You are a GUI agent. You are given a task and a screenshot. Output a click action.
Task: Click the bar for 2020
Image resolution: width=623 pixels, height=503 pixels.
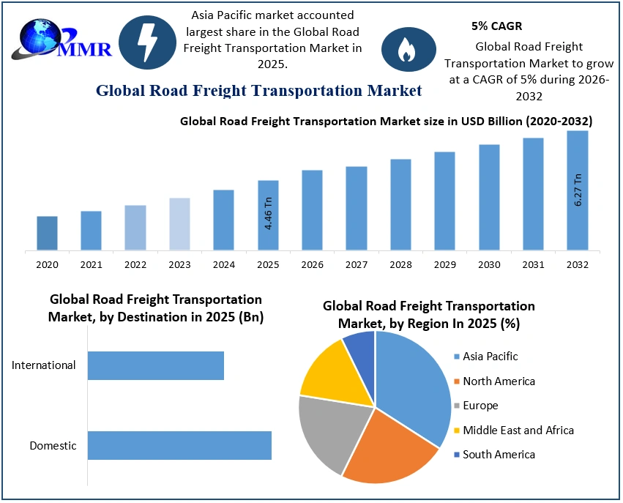pyautogui.click(x=47, y=233)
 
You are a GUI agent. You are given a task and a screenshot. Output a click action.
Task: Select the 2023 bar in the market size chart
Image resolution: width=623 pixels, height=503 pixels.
pyautogui.click(x=179, y=224)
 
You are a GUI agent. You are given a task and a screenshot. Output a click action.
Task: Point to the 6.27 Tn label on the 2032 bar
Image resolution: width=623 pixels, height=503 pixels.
pyautogui.click(x=578, y=190)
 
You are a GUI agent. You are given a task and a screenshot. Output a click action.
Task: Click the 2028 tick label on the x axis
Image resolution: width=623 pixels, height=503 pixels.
pyautogui.click(x=400, y=264)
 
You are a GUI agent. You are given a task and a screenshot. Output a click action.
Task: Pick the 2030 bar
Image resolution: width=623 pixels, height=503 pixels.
pyautogui.click(x=489, y=197)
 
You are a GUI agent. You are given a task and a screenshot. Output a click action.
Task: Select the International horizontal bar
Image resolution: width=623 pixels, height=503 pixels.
pyautogui.click(x=155, y=365)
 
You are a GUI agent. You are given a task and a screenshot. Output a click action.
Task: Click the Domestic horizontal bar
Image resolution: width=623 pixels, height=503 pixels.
pyautogui.click(x=179, y=445)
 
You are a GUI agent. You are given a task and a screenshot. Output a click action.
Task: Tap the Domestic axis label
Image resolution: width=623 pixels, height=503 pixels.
pyautogui.click(x=53, y=445)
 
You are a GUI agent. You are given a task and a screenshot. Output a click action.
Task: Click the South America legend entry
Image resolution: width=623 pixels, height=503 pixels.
pyautogui.click(x=493, y=455)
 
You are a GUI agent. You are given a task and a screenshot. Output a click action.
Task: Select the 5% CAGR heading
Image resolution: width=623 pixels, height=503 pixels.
pyautogui.click(x=496, y=26)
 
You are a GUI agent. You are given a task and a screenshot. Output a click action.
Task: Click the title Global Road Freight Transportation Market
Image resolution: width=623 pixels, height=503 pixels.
pyautogui.click(x=259, y=90)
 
